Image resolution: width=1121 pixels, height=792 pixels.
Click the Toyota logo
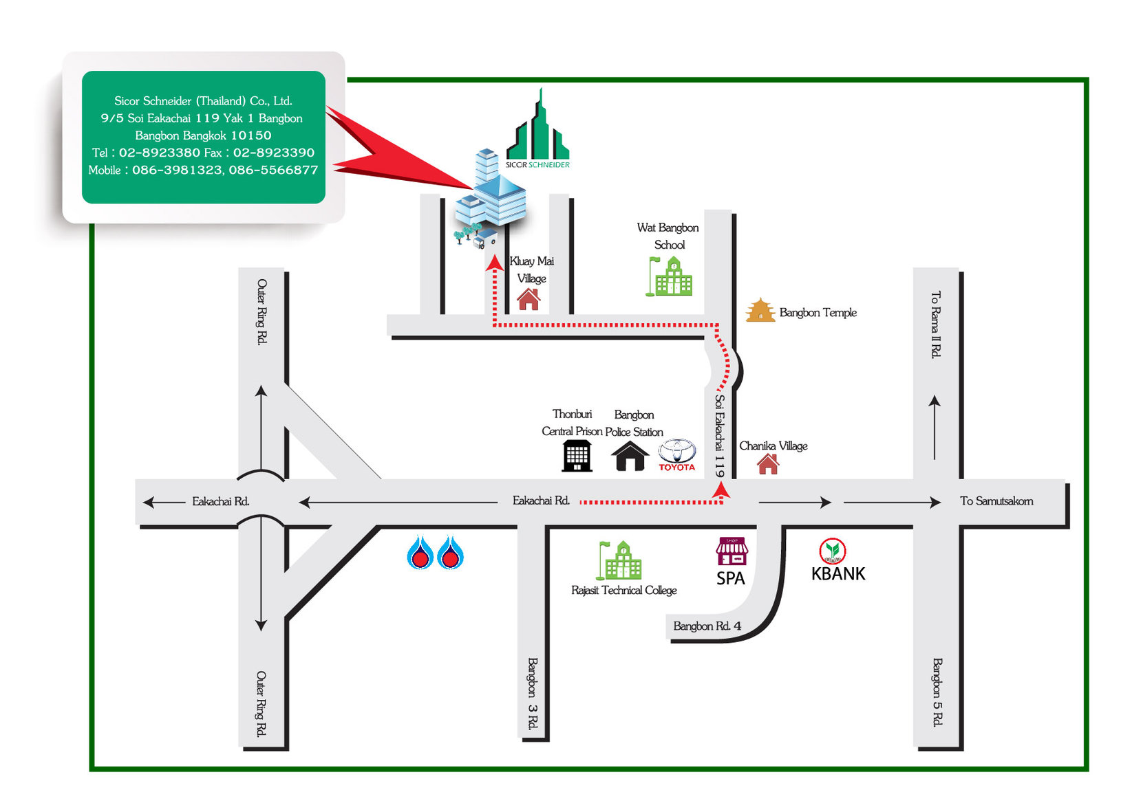point(677,452)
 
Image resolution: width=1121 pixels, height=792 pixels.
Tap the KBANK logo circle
point(832,550)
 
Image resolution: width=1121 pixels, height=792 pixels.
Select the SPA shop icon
point(731,551)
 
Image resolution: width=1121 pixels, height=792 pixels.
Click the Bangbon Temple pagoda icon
point(760,311)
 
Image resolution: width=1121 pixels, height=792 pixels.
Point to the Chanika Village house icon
point(768,464)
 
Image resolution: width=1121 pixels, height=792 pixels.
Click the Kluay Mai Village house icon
point(529,299)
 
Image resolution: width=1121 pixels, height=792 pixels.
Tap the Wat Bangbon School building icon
point(670,276)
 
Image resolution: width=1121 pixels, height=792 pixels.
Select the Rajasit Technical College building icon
point(619,560)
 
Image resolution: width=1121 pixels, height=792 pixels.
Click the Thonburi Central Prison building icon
point(577,455)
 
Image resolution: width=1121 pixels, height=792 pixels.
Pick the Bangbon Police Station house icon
point(630,456)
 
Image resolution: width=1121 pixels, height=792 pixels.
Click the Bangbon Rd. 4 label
point(707,626)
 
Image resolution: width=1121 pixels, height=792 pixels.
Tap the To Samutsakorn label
point(996,501)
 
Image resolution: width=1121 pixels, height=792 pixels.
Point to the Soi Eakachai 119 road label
point(719,435)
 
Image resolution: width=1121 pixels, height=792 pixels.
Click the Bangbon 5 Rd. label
point(937,692)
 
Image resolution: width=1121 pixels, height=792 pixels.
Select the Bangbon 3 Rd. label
point(533,693)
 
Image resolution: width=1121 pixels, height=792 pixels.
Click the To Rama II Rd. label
point(935,324)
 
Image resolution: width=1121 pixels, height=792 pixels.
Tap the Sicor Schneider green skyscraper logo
point(538,131)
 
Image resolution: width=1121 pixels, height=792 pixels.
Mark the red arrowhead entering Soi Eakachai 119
point(720,489)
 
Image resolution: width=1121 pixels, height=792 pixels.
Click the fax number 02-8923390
point(273,153)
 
